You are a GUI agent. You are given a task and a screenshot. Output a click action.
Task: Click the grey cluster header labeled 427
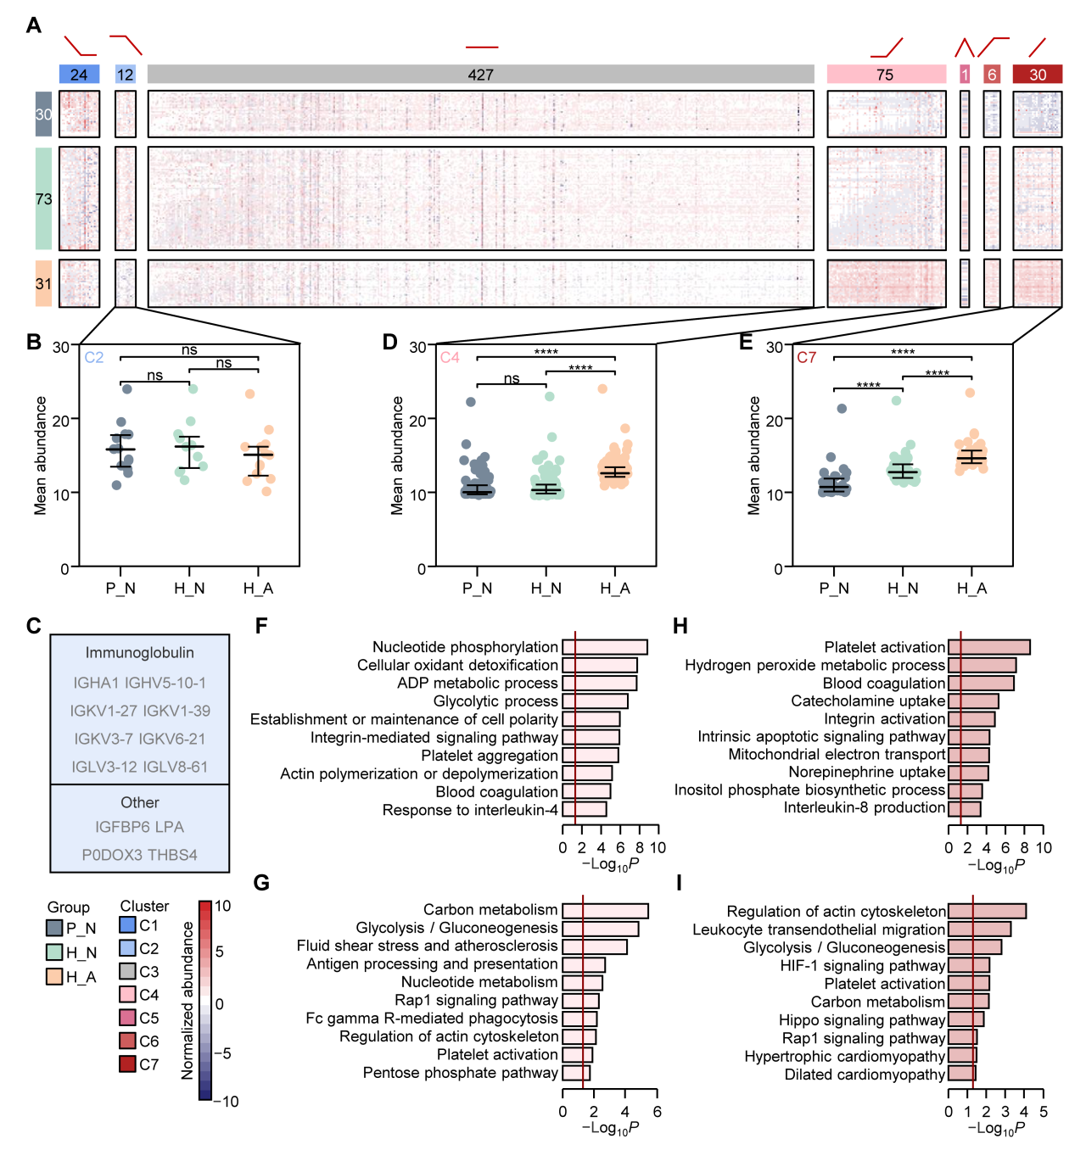tap(480, 75)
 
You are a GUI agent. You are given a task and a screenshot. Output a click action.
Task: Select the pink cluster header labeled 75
tap(886, 75)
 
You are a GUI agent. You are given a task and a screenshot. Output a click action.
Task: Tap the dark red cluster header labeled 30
tap(1038, 75)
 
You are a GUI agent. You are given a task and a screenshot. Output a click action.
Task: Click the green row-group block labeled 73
tap(43, 198)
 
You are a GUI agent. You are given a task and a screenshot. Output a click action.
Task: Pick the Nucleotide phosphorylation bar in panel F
tap(605, 647)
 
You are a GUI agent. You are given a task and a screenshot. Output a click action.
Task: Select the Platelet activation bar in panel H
tap(989, 647)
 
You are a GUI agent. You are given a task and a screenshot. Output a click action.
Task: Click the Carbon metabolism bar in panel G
tap(605, 911)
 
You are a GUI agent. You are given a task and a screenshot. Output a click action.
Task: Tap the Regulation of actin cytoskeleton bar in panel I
tap(987, 911)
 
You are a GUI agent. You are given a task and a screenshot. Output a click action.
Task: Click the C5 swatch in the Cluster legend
tap(127, 1018)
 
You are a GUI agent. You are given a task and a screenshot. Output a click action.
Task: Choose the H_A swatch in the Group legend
tap(54, 977)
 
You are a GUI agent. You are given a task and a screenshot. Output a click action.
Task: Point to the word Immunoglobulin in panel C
tap(140, 653)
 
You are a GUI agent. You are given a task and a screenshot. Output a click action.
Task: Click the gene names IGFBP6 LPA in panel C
tap(140, 827)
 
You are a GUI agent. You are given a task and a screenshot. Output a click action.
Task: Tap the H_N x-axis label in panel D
tap(546, 588)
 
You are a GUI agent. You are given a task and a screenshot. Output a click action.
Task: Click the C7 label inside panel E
tap(806, 357)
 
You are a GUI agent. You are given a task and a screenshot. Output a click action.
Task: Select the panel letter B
tap(34, 343)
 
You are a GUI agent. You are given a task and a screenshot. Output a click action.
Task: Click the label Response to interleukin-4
tap(470, 810)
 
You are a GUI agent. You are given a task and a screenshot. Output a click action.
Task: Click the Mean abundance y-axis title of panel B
tap(41, 455)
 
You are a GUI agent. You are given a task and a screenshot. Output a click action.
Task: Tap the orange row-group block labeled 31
tap(43, 283)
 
